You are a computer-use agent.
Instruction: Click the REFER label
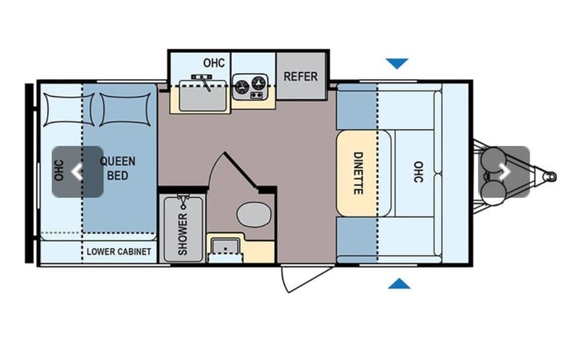tap(301, 76)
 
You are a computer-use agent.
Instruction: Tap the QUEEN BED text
tap(117, 168)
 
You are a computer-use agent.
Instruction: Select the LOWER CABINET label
tap(119, 252)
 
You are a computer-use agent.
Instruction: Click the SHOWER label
tap(183, 234)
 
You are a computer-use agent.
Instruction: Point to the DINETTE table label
tap(358, 173)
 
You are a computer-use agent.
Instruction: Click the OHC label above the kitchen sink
tap(214, 63)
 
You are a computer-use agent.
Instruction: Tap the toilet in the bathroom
tap(254, 214)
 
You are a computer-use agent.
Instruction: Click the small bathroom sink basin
tap(225, 246)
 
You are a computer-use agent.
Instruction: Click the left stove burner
tap(242, 86)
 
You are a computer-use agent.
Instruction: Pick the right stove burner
tap(258, 84)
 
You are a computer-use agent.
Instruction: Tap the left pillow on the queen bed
tap(69, 110)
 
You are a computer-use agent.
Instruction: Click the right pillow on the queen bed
tap(125, 110)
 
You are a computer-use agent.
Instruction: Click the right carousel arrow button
tap(503, 172)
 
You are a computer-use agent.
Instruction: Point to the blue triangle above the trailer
tap(397, 64)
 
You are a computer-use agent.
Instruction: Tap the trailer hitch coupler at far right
tap(549, 177)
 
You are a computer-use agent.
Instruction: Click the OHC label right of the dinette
tap(418, 172)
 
